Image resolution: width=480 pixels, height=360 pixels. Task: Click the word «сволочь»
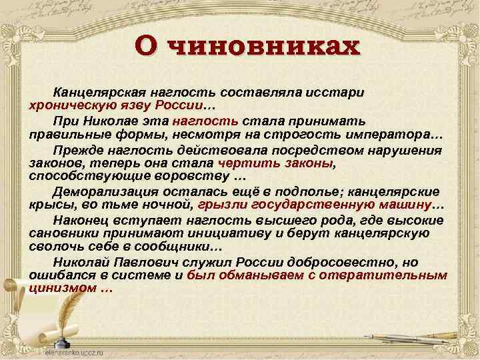click(53, 247)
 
